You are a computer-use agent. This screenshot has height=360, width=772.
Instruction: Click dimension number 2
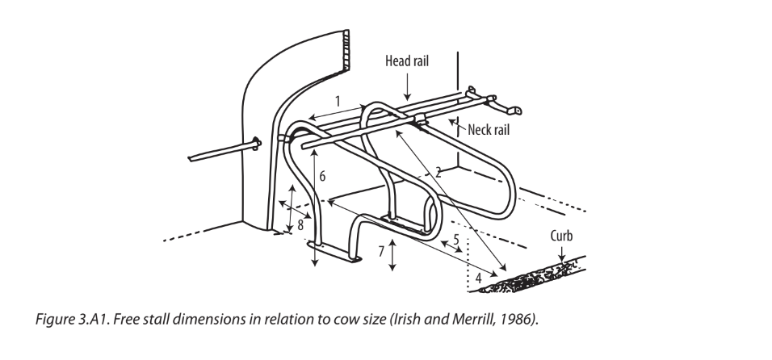point(438,171)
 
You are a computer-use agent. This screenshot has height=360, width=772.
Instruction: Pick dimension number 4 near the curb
point(480,277)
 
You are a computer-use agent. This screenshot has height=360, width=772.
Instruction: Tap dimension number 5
point(455,240)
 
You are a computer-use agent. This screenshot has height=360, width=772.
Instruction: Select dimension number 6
point(323,175)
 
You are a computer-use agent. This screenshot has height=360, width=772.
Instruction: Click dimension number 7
point(380,251)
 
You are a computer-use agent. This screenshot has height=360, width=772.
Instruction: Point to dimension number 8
point(300,225)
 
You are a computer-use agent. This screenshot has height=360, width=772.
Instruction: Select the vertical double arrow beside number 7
point(392,254)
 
